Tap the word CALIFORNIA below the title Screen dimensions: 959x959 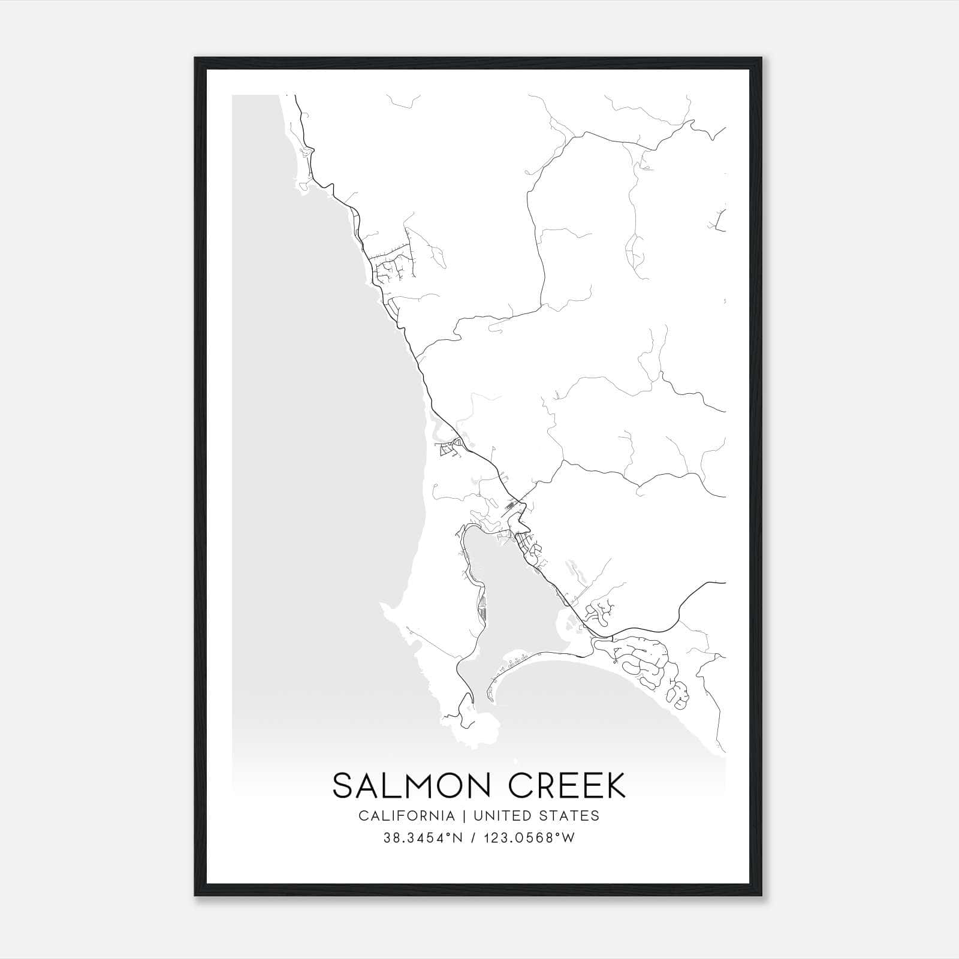[406, 816]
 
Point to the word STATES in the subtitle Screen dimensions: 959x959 [572, 816]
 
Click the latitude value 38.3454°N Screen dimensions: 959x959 [423, 838]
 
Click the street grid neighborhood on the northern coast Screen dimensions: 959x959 [393, 264]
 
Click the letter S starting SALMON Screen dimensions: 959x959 [343, 786]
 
